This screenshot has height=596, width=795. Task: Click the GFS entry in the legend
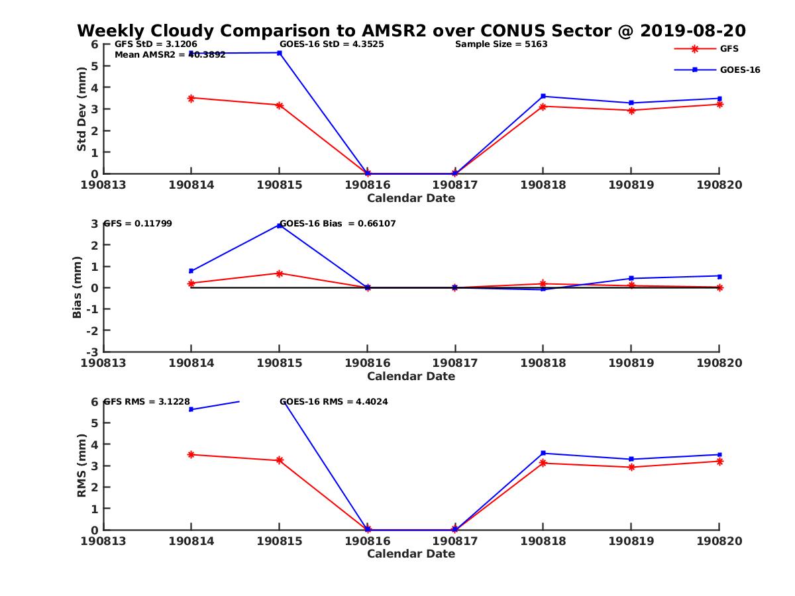click(x=729, y=49)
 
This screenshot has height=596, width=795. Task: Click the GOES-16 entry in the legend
click(x=739, y=70)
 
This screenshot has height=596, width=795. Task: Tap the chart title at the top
click(x=411, y=31)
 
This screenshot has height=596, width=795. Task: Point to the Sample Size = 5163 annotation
click(x=501, y=44)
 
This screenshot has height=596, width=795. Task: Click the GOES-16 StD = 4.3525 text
click(x=332, y=44)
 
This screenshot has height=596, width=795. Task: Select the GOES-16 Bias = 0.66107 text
click(x=338, y=224)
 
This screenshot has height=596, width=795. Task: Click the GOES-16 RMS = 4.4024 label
click(x=333, y=401)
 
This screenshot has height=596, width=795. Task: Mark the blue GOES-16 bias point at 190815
click(x=279, y=225)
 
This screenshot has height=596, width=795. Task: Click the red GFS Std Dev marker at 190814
click(x=191, y=98)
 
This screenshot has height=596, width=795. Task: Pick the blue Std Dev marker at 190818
click(x=543, y=96)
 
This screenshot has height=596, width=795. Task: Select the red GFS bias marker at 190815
click(x=279, y=273)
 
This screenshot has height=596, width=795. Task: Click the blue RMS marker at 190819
click(x=631, y=459)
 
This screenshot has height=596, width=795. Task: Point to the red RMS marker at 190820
click(x=719, y=461)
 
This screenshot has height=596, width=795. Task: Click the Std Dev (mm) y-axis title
click(x=82, y=109)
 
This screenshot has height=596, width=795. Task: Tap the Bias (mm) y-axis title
click(x=78, y=287)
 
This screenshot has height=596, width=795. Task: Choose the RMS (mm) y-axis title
click(x=82, y=466)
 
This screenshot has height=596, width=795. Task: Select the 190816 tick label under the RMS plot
click(x=367, y=541)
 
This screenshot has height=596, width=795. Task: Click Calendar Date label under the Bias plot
click(x=411, y=376)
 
